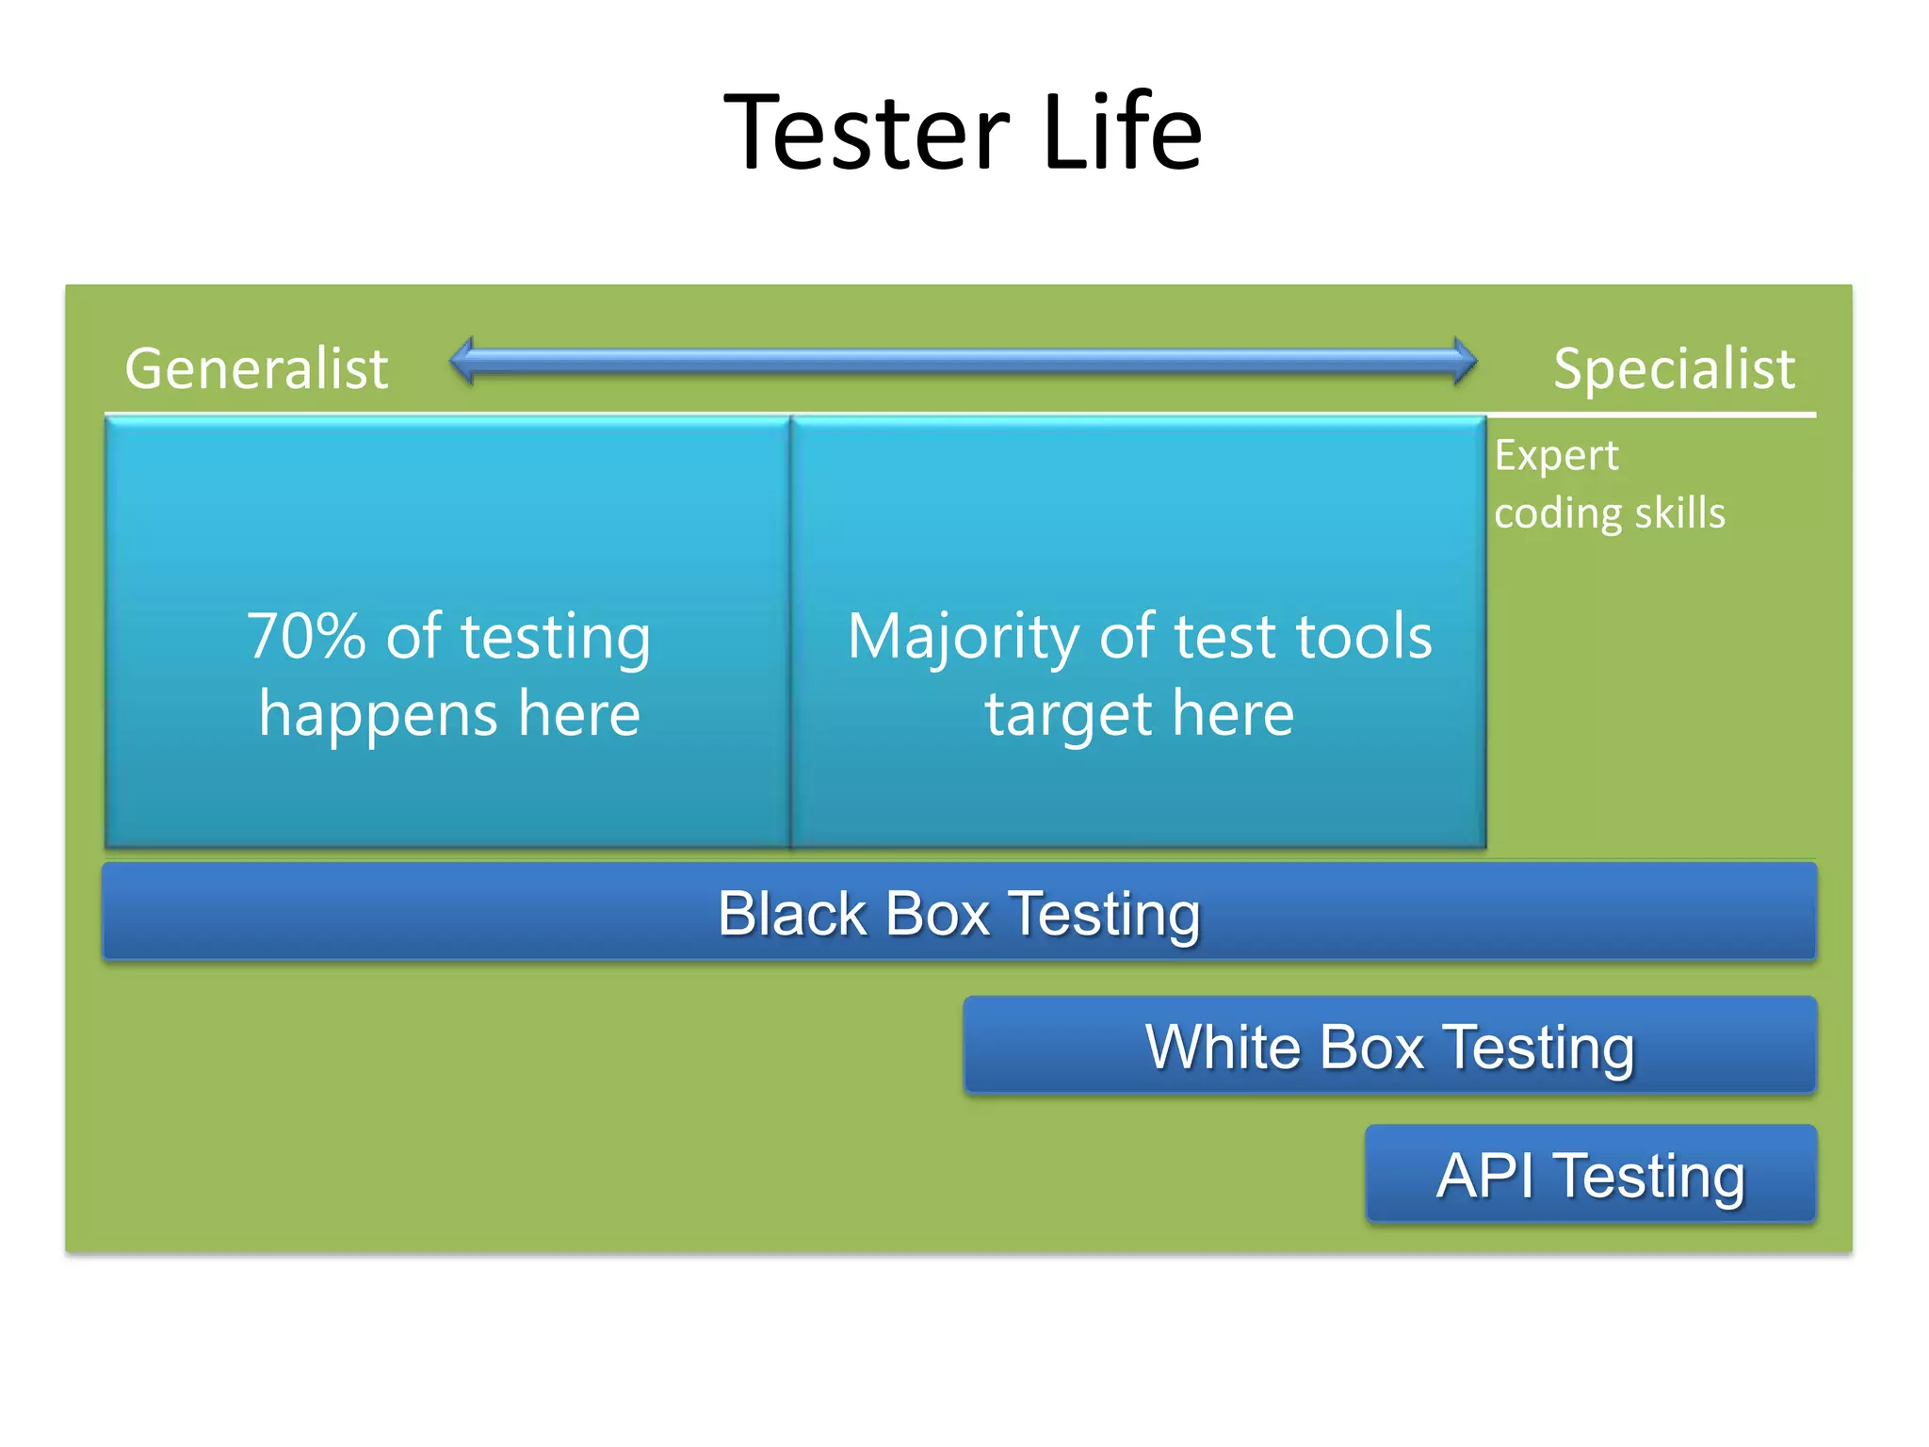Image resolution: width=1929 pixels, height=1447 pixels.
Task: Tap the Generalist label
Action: click(256, 368)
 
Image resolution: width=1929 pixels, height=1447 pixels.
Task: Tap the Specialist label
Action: click(1674, 368)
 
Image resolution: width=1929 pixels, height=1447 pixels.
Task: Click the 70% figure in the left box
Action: click(306, 636)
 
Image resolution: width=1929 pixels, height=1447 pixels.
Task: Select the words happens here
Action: click(449, 713)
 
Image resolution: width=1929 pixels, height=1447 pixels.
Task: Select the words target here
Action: click(1140, 713)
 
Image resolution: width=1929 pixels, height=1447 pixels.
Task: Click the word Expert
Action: click(1556, 456)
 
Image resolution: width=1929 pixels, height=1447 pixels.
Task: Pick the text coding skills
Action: click(1609, 513)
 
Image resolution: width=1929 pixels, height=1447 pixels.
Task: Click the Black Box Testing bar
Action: click(959, 913)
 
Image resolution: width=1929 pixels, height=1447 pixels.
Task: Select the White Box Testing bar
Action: click(1389, 1047)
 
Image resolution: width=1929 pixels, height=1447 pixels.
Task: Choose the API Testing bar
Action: click(1590, 1175)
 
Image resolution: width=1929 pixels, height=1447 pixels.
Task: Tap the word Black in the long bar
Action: click(792, 913)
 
